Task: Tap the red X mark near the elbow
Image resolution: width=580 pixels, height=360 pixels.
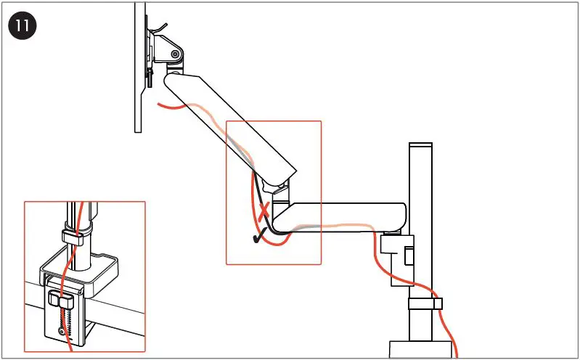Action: [x=265, y=213]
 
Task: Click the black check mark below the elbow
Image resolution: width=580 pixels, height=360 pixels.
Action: [x=257, y=236]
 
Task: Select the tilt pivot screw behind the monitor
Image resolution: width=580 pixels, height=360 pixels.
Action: [x=175, y=53]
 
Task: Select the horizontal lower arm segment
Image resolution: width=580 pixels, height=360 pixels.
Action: [x=341, y=217]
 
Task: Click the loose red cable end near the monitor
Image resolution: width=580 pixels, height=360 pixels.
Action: [x=164, y=105]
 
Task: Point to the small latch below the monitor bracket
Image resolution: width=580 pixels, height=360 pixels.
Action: [x=150, y=77]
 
